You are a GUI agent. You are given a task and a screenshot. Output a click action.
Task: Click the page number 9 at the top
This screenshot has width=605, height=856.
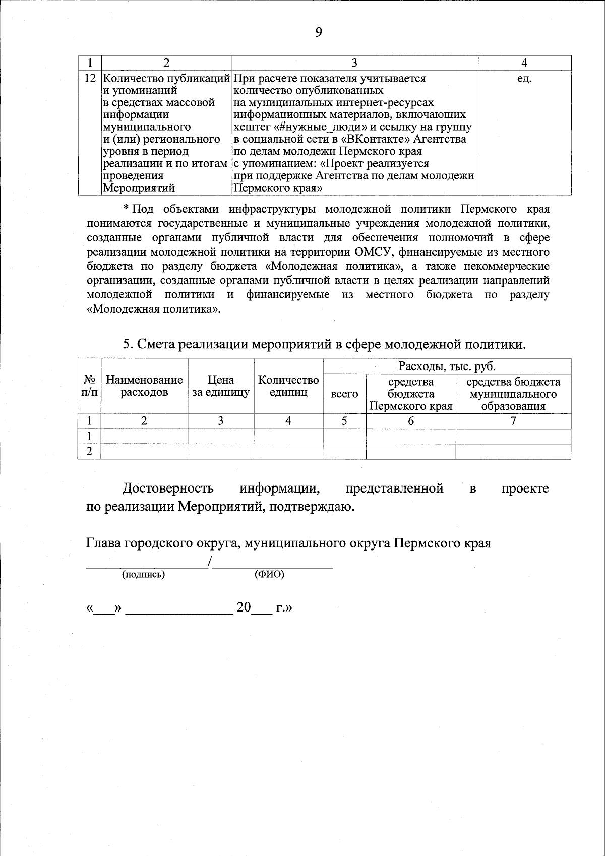(x=318, y=33)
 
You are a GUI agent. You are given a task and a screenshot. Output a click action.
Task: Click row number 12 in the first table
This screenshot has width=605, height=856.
(x=89, y=79)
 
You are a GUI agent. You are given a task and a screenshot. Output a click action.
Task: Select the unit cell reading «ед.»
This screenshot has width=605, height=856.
(x=524, y=79)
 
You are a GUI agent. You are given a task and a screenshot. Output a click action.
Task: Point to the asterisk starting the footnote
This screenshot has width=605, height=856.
(x=127, y=209)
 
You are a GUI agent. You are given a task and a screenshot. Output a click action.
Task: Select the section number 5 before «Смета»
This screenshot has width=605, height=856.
(x=128, y=345)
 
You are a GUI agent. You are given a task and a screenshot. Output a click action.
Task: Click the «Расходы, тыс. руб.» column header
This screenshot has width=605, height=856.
(x=447, y=366)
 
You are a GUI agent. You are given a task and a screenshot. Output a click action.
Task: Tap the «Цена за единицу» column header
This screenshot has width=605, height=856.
(x=221, y=386)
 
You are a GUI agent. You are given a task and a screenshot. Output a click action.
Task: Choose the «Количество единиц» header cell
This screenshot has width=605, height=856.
(x=288, y=386)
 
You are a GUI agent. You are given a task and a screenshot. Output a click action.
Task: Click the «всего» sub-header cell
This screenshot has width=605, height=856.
(x=344, y=394)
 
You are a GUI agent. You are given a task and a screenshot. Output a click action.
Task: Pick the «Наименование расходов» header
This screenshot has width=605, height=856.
(x=144, y=386)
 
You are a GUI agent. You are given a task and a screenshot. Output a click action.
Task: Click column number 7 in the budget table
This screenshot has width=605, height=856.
(x=513, y=421)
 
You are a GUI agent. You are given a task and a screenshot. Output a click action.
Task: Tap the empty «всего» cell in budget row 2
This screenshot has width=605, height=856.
(x=344, y=452)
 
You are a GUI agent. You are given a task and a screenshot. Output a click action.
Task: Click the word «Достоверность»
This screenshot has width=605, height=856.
(x=168, y=488)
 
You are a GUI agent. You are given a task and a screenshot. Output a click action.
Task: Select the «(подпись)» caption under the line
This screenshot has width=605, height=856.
(x=144, y=574)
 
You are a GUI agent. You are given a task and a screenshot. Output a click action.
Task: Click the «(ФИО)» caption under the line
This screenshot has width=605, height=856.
(x=269, y=574)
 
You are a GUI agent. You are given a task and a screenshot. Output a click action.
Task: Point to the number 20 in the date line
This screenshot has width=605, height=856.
(x=244, y=607)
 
